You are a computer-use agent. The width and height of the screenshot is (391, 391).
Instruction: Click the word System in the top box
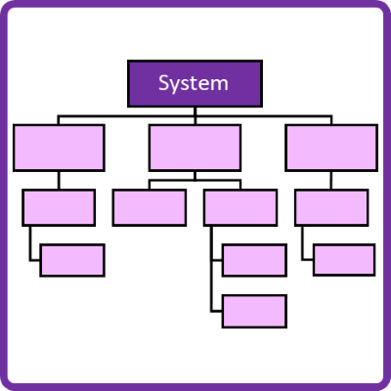[x=194, y=83]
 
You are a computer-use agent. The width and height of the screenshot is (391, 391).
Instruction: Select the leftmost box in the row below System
[x=59, y=148]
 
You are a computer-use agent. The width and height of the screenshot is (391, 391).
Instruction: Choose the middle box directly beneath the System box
[x=195, y=148]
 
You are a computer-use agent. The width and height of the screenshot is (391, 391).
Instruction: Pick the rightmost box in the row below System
[x=331, y=148]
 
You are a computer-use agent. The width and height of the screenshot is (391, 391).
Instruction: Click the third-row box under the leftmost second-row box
[x=59, y=207]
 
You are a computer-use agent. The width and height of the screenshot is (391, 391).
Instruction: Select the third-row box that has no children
[x=150, y=207]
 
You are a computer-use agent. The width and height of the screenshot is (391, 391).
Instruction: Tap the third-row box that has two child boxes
[x=240, y=207]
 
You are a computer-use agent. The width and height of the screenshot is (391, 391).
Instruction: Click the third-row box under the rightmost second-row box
[x=331, y=207]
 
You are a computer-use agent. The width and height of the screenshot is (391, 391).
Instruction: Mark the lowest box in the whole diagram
[x=254, y=311]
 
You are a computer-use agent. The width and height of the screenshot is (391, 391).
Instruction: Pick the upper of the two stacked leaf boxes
[x=254, y=260]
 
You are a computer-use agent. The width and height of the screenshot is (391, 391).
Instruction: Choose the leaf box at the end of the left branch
[x=72, y=260]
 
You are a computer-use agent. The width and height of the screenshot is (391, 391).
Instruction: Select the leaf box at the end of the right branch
[x=344, y=260]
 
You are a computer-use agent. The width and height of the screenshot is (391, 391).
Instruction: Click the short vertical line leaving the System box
[x=195, y=111]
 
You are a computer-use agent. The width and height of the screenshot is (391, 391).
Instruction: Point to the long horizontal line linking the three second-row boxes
[x=195, y=115]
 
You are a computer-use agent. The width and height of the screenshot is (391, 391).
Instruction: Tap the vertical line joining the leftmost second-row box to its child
[x=59, y=180]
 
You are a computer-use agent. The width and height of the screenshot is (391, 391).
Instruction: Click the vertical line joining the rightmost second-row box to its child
[x=331, y=180]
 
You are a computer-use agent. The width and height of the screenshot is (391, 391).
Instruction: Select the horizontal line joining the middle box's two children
[x=195, y=180]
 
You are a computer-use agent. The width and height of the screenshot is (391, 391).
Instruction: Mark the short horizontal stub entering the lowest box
[x=217, y=312]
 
